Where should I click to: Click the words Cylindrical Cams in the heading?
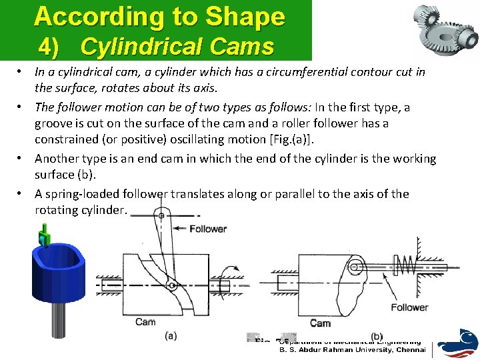177,47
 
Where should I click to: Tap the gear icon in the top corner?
443,25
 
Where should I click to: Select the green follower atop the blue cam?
45,234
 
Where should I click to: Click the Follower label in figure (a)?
208,229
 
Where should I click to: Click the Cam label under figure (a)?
145,322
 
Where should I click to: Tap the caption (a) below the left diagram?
171,335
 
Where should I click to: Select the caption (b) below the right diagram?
377,336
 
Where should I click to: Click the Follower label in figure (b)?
409,307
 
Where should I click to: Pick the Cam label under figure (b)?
320,323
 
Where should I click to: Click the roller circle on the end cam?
355,267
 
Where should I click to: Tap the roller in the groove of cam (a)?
171,285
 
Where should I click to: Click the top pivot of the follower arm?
160,216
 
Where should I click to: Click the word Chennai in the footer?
411,349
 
